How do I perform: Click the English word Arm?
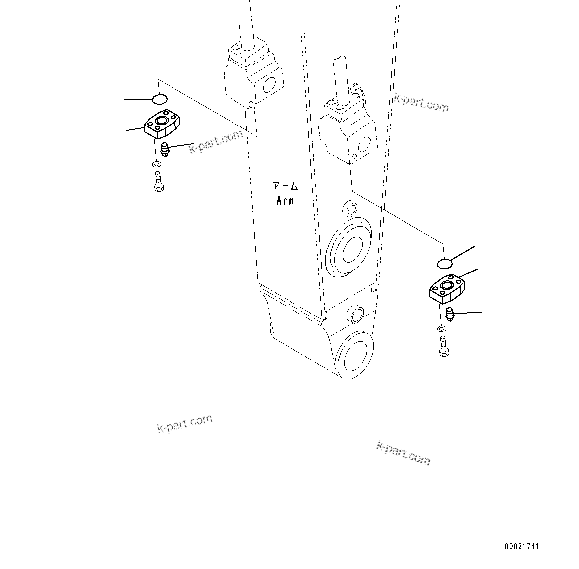click(x=285, y=201)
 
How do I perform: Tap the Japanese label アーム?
click(x=285, y=187)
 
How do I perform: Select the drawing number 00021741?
click(x=521, y=546)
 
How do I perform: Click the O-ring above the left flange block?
click(x=159, y=99)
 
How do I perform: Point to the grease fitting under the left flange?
click(x=165, y=149)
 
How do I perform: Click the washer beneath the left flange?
click(x=156, y=164)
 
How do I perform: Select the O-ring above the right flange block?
click(x=444, y=261)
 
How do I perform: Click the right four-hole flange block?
click(x=447, y=288)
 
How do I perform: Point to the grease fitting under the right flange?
click(x=450, y=314)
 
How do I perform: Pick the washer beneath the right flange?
click(x=441, y=328)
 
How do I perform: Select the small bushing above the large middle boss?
click(x=350, y=209)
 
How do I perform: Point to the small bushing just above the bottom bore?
click(x=356, y=314)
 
